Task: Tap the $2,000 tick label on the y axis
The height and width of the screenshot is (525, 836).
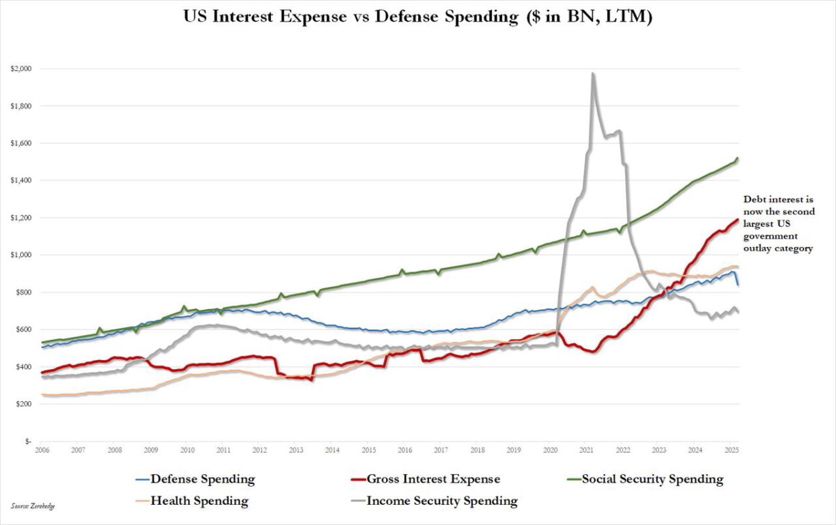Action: pos(20,69)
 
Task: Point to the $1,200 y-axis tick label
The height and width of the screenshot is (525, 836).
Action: pos(20,218)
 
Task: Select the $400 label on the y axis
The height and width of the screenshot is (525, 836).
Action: pos(22,367)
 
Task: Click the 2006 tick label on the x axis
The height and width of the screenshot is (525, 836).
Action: pos(42,450)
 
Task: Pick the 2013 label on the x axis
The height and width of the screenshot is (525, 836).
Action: pos(295,450)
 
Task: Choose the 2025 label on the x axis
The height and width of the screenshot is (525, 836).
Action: pos(730,450)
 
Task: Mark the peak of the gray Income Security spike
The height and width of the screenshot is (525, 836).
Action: pos(593,73)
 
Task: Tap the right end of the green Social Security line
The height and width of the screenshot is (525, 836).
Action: pos(738,159)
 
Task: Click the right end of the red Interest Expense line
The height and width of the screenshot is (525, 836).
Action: pos(738,220)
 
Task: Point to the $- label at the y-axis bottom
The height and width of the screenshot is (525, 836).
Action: pos(26,441)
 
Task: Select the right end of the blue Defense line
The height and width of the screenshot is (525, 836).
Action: pos(738,285)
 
